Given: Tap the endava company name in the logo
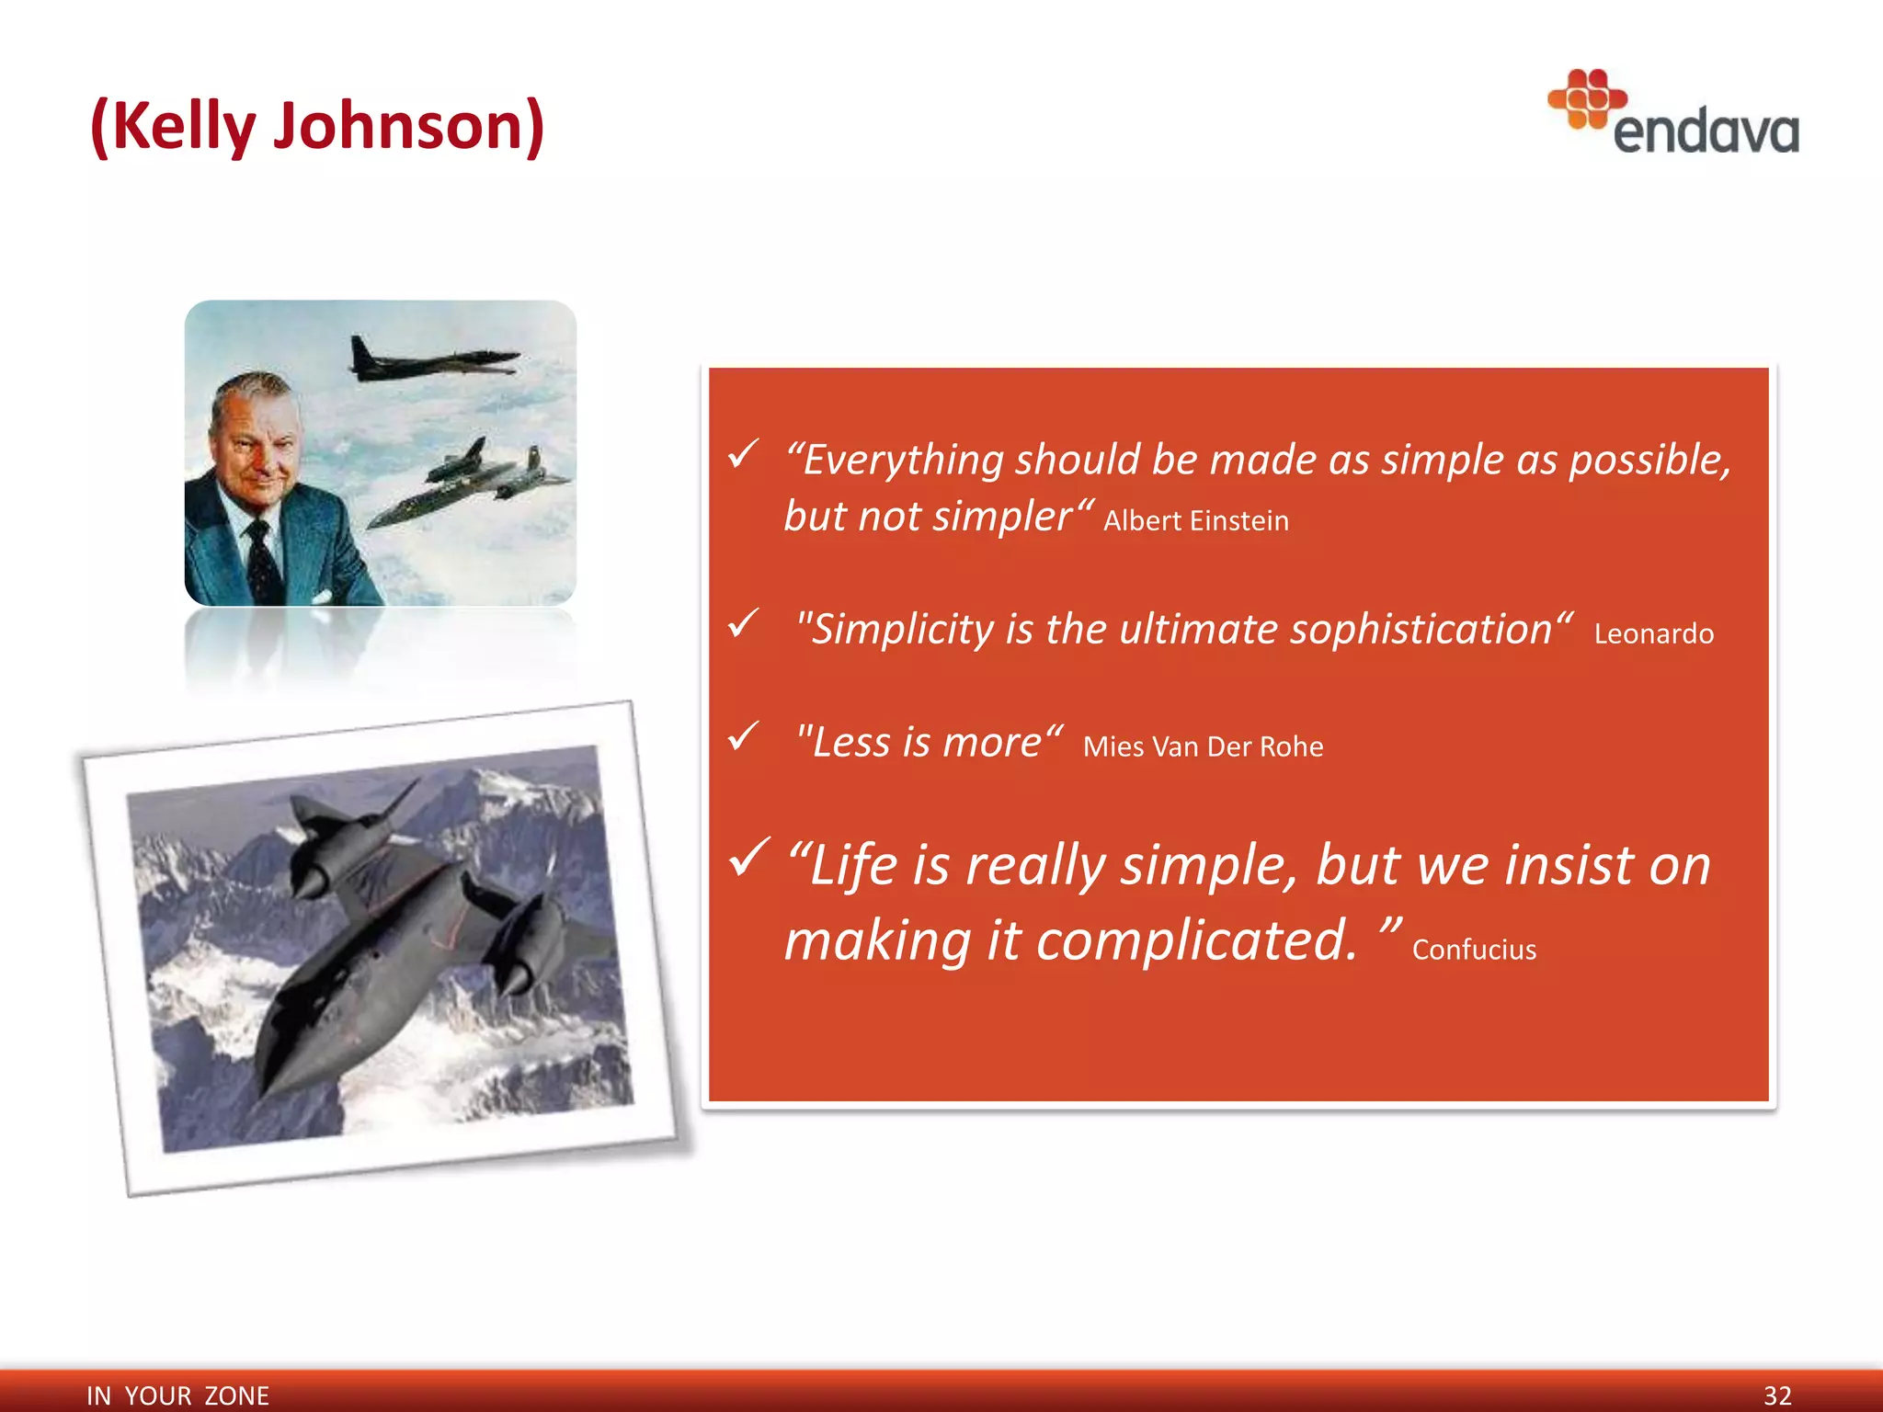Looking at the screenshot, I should [x=1706, y=132].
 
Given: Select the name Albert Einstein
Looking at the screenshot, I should [x=1195, y=521].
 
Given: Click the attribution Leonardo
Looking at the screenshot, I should [x=1653, y=633].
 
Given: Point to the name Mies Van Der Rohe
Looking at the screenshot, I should [x=1203, y=746].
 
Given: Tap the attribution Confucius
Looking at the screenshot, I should [x=1474, y=950].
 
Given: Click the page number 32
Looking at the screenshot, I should [x=1776, y=1395].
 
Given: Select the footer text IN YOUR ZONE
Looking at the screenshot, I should [x=177, y=1395].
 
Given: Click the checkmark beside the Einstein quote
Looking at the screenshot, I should [x=743, y=453].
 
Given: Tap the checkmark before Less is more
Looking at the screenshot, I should [x=743, y=735].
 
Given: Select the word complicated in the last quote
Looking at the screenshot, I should [x=1195, y=940].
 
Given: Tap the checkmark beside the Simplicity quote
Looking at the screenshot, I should [x=743, y=623].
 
